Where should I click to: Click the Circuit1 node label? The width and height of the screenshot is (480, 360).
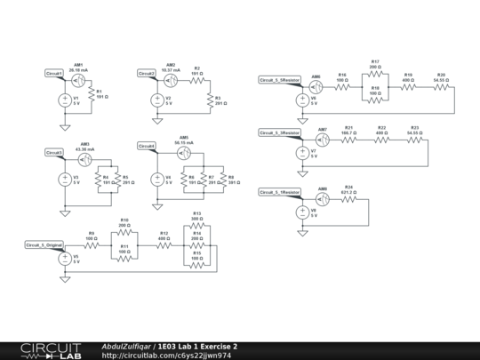point(54,73)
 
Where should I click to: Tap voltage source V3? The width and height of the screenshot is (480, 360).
point(65,179)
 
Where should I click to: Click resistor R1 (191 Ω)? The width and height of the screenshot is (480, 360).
point(89,93)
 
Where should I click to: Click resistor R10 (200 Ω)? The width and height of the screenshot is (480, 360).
point(124,228)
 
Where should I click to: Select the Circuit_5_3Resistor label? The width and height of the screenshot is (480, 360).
point(280,132)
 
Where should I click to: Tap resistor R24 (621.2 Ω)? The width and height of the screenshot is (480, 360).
point(349,197)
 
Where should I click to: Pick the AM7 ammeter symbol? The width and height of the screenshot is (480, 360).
point(323,139)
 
